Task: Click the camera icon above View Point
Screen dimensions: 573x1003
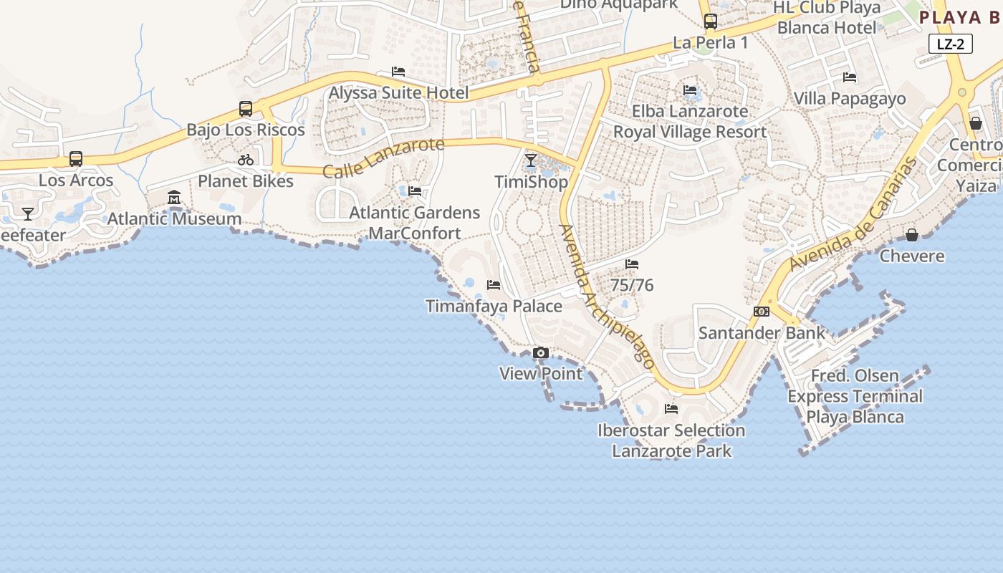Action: click(541, 352)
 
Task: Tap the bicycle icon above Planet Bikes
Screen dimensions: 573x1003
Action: click(246, 160)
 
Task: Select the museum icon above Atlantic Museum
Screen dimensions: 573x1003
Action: click(174, 197)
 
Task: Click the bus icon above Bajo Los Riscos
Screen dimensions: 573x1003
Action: click(246, 109)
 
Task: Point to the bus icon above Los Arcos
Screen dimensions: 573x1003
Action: click(76, 159)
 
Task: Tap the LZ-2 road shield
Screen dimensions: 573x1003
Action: click(951, 44)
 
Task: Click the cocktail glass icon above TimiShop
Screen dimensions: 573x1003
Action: click(531, 160)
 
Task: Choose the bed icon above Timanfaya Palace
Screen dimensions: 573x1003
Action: click(494, 285)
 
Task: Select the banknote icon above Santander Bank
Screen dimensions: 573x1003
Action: click(762, 312)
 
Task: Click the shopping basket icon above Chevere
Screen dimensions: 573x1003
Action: click(912, 235)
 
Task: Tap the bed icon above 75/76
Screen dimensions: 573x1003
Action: click(632, 264)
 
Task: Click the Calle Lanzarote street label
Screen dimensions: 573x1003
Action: click(383, 158)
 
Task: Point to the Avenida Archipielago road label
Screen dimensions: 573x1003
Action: click(607, 297)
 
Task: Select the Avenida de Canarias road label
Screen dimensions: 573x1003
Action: click(853, 214)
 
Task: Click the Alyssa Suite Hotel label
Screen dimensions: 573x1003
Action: click(398, 92)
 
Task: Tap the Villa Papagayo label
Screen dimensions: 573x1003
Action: click(850, 99)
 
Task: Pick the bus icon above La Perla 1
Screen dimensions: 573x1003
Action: click(711, 21)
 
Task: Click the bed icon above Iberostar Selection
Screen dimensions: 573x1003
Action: click(671, 409)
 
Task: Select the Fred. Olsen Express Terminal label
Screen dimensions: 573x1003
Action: click(855, 396)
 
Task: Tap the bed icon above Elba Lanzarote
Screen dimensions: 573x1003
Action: click(690, 90)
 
